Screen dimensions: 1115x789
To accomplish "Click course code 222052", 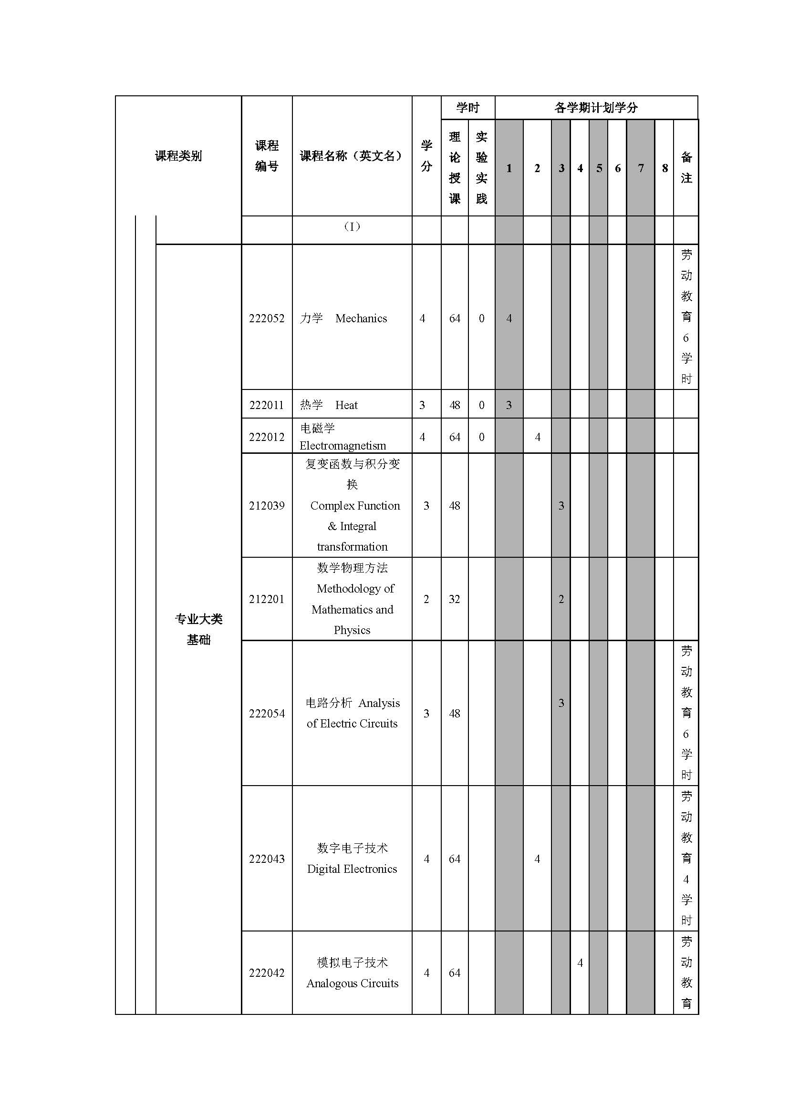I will click(267, 318).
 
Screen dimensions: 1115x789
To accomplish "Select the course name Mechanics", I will click(361, 318).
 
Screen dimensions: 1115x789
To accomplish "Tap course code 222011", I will click(267, 405).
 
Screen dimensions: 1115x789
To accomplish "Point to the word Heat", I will click(346, 405).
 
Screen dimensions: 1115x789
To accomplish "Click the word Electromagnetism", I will click(343, 446).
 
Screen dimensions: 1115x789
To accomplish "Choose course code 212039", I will click(267, 506).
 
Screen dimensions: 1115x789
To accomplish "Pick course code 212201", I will click(267, 599).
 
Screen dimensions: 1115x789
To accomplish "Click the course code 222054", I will click(267, 714).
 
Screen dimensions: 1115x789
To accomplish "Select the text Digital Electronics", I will click(352, 869).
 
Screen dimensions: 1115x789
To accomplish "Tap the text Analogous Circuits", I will click(352, 983).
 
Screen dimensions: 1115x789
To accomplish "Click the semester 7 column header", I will click(641, 168).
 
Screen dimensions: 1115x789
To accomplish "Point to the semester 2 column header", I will click(537, 168).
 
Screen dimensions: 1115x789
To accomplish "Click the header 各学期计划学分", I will click(596, 108).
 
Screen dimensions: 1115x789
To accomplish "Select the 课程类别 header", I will click(178, 156).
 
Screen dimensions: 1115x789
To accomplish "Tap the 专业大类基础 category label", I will click(199, 629).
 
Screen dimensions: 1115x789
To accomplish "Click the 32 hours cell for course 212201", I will click(454, 599).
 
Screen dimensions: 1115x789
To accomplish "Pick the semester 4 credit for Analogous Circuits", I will click(580, 962).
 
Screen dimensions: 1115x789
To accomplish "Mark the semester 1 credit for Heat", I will click(509, 405).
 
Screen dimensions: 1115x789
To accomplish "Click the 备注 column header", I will click(686, 167).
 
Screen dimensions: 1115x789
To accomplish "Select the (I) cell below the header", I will click(352, 227).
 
